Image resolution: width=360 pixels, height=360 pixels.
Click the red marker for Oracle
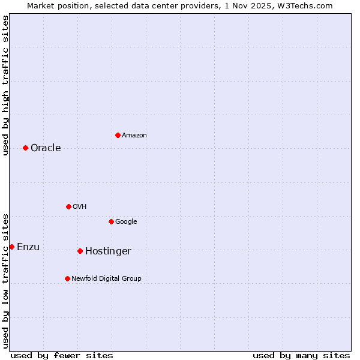click(25, 148)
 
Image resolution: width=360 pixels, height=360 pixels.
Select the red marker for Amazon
click(118, 135)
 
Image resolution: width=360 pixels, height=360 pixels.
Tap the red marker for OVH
click(68, 206)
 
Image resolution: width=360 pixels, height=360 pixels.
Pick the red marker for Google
click(111, 221)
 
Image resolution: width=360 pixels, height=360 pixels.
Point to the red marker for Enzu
click(11, 247)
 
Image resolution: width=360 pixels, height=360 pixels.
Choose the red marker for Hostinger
click(80, 251)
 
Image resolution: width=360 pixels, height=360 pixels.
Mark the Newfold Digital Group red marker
click(67, 278)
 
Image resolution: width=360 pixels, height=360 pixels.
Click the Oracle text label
click(46, 148)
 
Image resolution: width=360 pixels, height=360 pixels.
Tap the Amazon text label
click(134, 136)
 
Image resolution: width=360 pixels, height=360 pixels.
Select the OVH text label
click(79, 207)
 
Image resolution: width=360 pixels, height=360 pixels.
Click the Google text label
click(126, 222)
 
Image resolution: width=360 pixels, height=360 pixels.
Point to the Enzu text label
click(28, 247)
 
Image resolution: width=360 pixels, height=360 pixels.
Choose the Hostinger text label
click(108, 251)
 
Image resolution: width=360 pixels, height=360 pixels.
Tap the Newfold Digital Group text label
click(106, 279)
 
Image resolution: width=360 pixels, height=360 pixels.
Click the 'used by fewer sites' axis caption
click(62, 355)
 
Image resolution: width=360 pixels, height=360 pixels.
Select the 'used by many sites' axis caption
click(301, 355)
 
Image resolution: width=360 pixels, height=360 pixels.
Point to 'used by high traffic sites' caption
click(5, 85)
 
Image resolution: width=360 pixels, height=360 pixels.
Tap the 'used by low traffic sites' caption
click(5, 280)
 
